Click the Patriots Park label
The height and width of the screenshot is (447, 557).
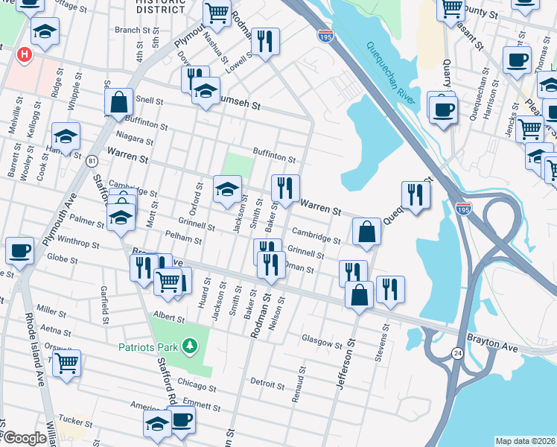click(x=148, y=346)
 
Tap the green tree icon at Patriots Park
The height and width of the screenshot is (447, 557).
click(x=190, y=346)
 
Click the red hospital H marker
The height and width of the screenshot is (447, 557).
click(x=25, y=54)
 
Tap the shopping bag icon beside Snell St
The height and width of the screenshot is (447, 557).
click(x=119, y=103)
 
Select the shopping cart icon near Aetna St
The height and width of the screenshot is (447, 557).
click(x=67, y=364)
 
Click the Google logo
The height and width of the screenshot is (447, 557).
click(x=25, y=438)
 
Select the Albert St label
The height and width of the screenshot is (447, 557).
click(x=168, y=318)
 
